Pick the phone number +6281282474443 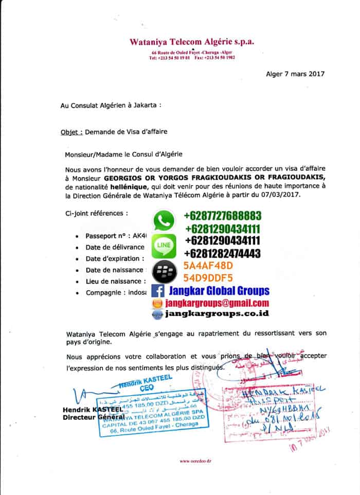pos(222,253)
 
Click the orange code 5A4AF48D pos(208,266)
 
